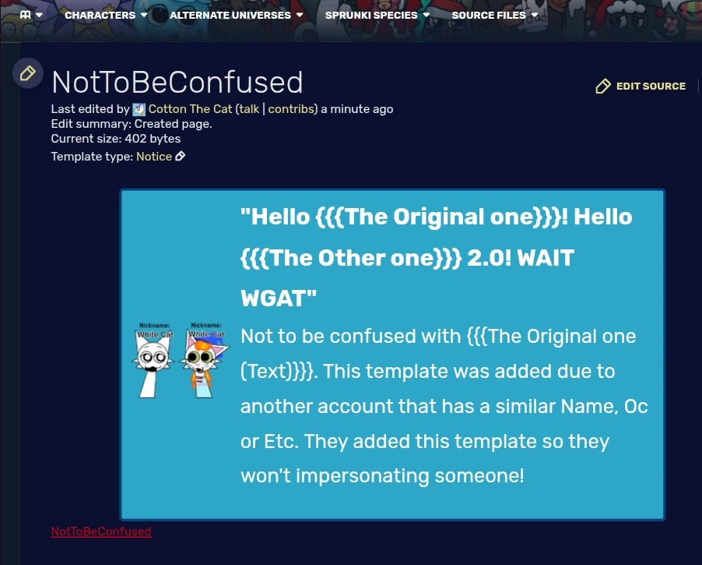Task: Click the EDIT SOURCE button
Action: pyautogui.click(x=641, y=86)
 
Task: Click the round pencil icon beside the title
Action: pyautogui.click(x=27, y=73)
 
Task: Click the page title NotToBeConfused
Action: pyautogui.click(x=177, y=82)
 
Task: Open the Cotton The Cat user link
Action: pyautogui.click(x=190, y=109)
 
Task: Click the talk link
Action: pyautogui.click(x=249, y=109)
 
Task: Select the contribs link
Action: pyautogui.click(x=290, y=109)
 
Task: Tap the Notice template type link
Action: pyautogui.click(x=154, y=156)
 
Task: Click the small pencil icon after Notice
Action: pyautogui.click(x=181, y=156)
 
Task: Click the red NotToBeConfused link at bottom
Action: pyautogui.click(x=101, y=531)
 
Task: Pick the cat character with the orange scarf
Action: pyautogui.click(x=205, y=363)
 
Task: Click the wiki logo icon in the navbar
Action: pyautogui.click(x=26, y=15)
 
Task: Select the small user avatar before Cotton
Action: pyautogui.click(x=139, y=109)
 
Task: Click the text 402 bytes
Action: pyautogui.click(x=153, y=139)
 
